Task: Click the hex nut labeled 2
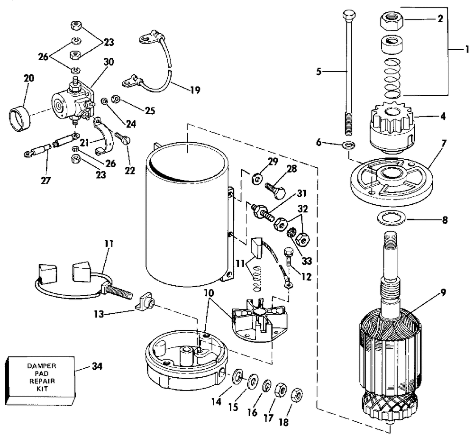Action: pyautogui.click(x=392, y=21)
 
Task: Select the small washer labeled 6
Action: pyautogui.click(x=348, y=145)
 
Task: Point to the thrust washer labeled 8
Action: pyautogui.click(x=392, y=218)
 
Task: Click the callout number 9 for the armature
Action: pyautogui.click(x=443, y=292)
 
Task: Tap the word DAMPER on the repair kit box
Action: pyautogui.click(x=42, y=366)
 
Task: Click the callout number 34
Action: pyautogui.click(x=97, y=366)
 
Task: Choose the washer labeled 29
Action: pyautogui.click(x=256, y=179)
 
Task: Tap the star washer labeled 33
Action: pyautogui.click(x=292, y=233)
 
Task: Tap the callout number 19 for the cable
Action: pyautogui.click(x=195, y=90)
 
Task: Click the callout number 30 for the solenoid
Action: pyautogui.click(x=109, y=62)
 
